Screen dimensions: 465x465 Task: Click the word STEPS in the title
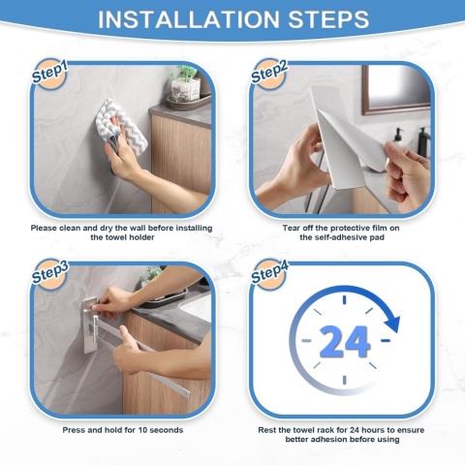[328, 19]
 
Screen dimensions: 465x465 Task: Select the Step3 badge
[49, 274]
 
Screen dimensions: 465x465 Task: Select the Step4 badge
[268, 274]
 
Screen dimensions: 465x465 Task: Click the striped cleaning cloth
[121, 126]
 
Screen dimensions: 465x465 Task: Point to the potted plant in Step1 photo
[185, 84]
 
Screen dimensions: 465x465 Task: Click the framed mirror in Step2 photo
[396, 90]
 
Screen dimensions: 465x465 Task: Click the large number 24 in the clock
[344, 341]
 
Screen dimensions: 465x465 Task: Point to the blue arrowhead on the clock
[392, 324]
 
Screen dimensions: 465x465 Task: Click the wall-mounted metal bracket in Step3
[90, 325]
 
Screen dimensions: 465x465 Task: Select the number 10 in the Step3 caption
[142, 430]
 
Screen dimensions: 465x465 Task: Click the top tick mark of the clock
[344, 300]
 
